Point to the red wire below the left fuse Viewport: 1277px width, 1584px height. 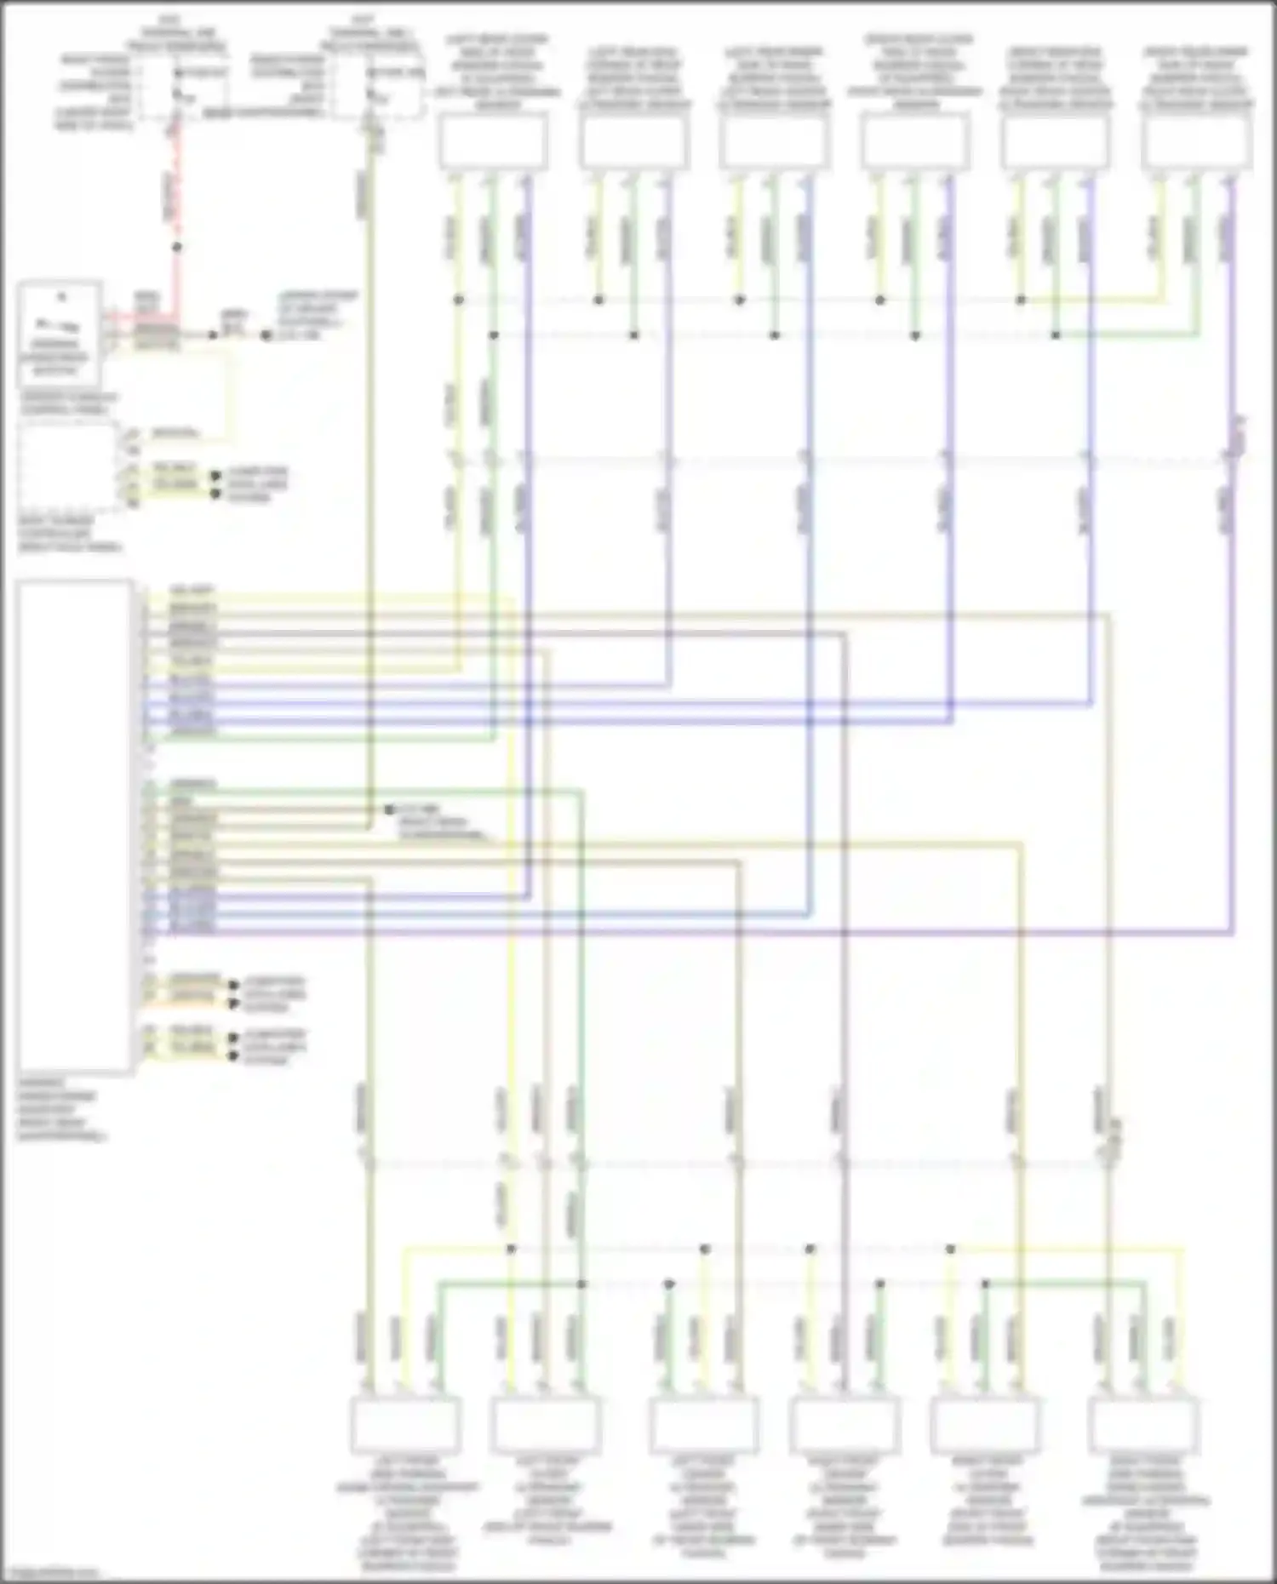[x=176, y=196]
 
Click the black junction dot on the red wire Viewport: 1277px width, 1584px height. [x=177, y=248]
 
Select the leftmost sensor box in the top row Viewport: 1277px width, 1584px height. [x=493, y=141]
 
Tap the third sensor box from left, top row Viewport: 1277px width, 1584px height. [x=774, y=141]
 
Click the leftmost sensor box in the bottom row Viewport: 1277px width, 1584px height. [x=405, y=1425]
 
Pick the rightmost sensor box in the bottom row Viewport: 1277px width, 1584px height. [x=1145, y=1425]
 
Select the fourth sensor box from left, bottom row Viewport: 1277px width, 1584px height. [x=844, y=1425]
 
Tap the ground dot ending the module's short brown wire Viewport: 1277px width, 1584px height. [x=388, y=809]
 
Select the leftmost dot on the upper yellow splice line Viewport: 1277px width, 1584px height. [x=459, y=300]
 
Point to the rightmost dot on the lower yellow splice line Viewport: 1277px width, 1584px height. [x=950, y=1249]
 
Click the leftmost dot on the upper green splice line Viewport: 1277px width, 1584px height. [x=494, y=335]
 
